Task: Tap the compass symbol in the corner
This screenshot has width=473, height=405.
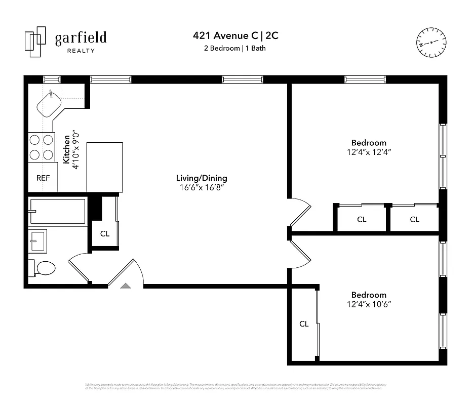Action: coord(431,42)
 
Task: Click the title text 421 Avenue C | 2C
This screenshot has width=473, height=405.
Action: coord(235,36)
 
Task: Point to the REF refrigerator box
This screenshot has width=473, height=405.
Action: coord(43,178)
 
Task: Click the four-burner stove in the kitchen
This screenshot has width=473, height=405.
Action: coord(41,147)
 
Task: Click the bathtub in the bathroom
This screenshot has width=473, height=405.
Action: coord(57,211)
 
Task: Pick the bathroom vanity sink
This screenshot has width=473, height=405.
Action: coord(38,240)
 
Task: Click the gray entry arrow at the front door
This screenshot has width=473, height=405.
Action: coord(125,286)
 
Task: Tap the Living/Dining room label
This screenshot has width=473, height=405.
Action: coord(202,178)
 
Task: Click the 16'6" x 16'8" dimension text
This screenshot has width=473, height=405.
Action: coord(202,187)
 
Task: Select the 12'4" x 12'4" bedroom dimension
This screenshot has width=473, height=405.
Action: coord(369,151)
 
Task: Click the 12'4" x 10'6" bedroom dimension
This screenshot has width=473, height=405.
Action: coord(369,304)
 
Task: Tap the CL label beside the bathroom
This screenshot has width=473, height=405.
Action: coord(104,234)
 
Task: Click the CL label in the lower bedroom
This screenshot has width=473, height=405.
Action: coord(304,324)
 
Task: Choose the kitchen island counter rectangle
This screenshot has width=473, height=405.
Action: coord(105,167)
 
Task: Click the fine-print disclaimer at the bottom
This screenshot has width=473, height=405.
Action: coord(236,386)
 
